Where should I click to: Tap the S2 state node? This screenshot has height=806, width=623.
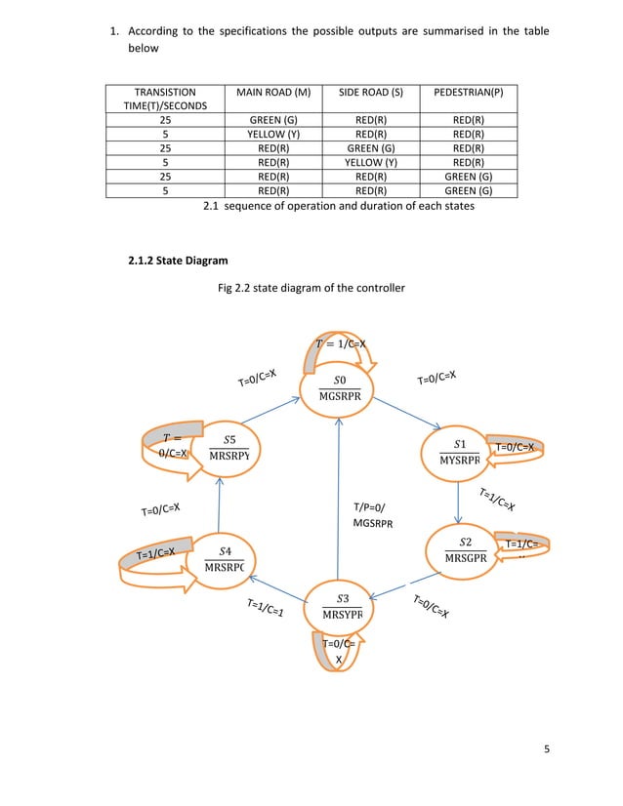pos(465,549)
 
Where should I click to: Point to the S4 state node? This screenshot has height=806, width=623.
pos(224,559)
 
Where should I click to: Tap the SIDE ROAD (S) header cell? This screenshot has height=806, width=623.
pos(370,95)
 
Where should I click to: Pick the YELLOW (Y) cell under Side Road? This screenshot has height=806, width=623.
pos(370,164)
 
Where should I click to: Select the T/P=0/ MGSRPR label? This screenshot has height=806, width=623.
pos(371,515)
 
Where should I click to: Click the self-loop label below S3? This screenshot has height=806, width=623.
pos(339,651)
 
